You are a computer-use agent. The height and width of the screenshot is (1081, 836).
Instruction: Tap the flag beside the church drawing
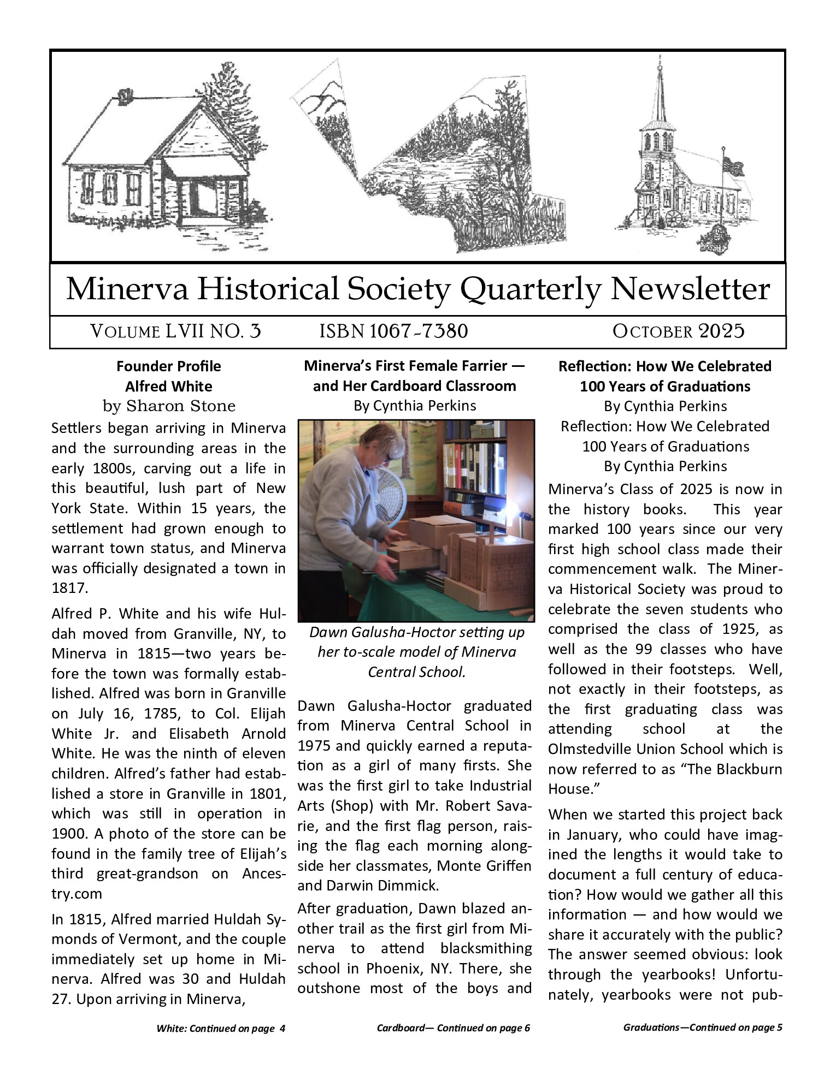click(733, 164)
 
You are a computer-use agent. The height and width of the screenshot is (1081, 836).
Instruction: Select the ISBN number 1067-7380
click(419, 331)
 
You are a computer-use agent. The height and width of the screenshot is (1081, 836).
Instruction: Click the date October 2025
click(678, 331)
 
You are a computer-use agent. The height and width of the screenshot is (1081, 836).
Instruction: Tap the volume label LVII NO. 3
click(212, 331)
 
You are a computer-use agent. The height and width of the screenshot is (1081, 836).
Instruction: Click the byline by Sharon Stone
click(169, 406)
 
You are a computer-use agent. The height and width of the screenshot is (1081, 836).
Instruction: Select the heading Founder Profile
click(169, 366)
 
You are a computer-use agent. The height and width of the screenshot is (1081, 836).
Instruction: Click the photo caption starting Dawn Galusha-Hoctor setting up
click(416, 633)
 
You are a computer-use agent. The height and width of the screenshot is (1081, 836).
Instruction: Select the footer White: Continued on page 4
click(221, 1029)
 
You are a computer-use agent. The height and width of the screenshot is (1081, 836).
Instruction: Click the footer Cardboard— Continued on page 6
click(453, 1028)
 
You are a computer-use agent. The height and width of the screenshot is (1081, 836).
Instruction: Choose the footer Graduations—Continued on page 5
click(702, 1027)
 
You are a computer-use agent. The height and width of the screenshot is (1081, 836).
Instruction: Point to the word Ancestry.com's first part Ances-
click(264, 874)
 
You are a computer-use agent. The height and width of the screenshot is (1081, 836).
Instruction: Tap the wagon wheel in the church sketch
click(675, 218)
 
